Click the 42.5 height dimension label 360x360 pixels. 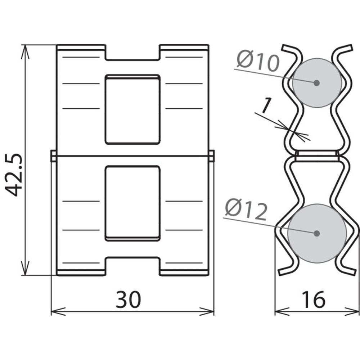13,175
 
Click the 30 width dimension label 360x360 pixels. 128,300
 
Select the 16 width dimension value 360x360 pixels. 314,300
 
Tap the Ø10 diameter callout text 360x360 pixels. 258,61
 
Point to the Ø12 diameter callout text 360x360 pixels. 246,209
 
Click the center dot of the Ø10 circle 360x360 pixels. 316,83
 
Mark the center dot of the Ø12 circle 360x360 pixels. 317,233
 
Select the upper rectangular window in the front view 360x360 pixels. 132,109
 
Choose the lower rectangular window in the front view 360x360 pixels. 132,203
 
